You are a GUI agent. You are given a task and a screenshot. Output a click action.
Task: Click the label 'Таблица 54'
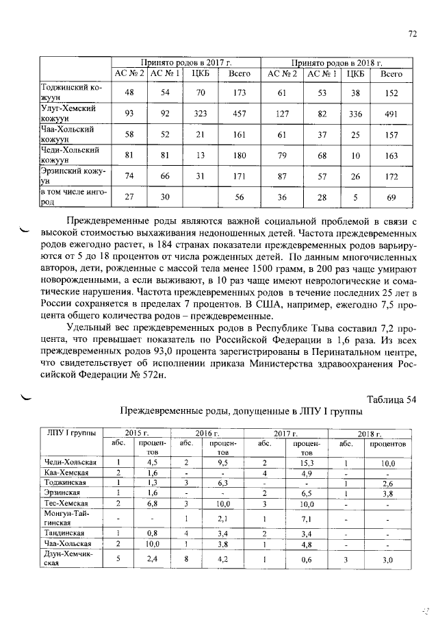coord(391,399)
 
